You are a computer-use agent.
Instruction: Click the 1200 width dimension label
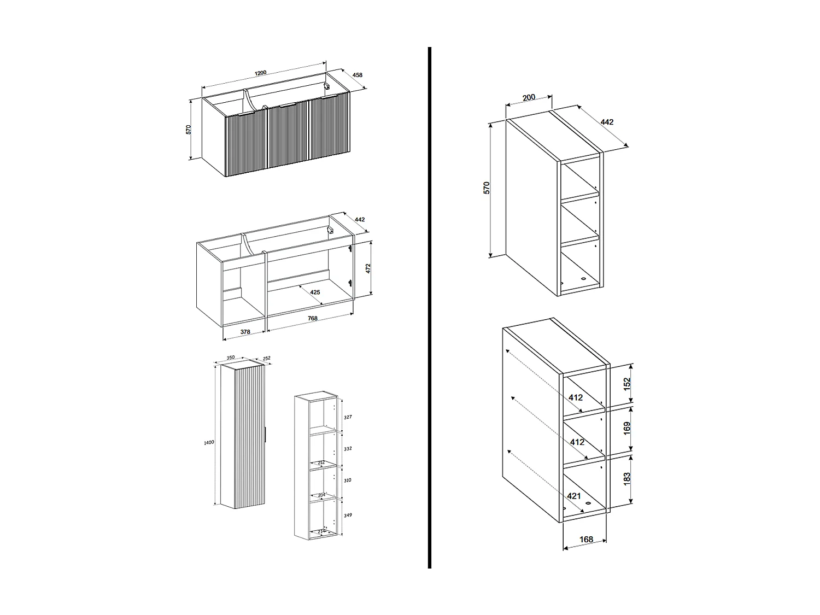click(x=260, y=73)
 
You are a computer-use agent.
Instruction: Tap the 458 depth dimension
click(x=358, y=75)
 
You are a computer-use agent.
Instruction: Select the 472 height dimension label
click(x=368, y=268)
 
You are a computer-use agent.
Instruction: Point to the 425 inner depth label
click(x=315, y=292)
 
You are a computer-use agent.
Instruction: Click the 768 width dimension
click(x=312, y=319)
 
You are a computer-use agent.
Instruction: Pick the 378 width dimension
click(x=245, y=332)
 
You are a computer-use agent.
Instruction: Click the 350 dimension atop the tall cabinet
click(x=231, y=358)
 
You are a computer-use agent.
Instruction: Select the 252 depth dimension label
click(x=267, y=359)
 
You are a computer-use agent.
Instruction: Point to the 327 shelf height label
click(x=348, y=417)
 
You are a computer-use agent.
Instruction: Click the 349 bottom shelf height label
click(x=348, y=515)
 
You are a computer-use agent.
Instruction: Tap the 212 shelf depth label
click(x=321, y=462)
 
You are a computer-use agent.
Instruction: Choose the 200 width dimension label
click(x=529, y=98)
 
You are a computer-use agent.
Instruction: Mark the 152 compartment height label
click(x=627, y=383)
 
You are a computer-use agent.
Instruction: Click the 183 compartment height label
click(x=627, y=478)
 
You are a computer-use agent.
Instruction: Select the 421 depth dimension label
click(x=574, y=496)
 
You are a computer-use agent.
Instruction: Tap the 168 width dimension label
click(x=586, y=540)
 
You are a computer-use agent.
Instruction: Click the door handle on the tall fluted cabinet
click(x=266, y=435)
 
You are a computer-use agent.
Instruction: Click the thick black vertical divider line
click(x=430, y=306)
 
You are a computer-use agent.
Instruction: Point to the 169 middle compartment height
click(x=627, y=428)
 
